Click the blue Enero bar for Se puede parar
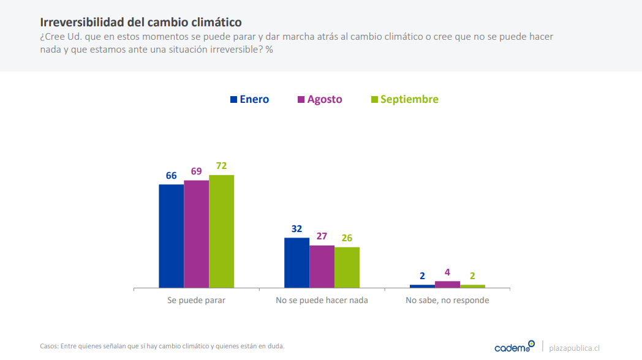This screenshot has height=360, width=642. tap(171, 236)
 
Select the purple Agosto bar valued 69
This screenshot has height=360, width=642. tap(196, 234)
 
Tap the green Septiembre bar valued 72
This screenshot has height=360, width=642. tap(221, 231)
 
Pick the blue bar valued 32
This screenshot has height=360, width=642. tap(296, 263)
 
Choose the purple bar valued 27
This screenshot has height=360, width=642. tap(322, 266)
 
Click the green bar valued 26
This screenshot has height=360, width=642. tap(347, 267)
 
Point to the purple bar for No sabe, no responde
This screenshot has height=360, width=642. tap(447, 284)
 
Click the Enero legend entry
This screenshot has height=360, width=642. tap(249, 99)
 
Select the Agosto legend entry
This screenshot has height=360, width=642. tap(320, 99)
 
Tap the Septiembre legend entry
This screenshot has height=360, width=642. tap(405, 99)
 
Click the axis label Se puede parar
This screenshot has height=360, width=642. tap(196, 301)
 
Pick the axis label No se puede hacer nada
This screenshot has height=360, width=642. tap(322, 301)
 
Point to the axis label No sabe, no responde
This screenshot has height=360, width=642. tap(447, 301)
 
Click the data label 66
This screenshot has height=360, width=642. tap(171, 176)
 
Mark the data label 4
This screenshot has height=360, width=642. tap(447, 272)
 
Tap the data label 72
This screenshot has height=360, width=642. tap(221, 166)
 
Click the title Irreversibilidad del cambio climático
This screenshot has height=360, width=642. tap(141, 23)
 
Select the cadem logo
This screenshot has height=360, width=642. tap(514, 347)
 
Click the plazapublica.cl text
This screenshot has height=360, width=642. tap(574, 347)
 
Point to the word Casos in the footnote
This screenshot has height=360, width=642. tap(49, 346)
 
